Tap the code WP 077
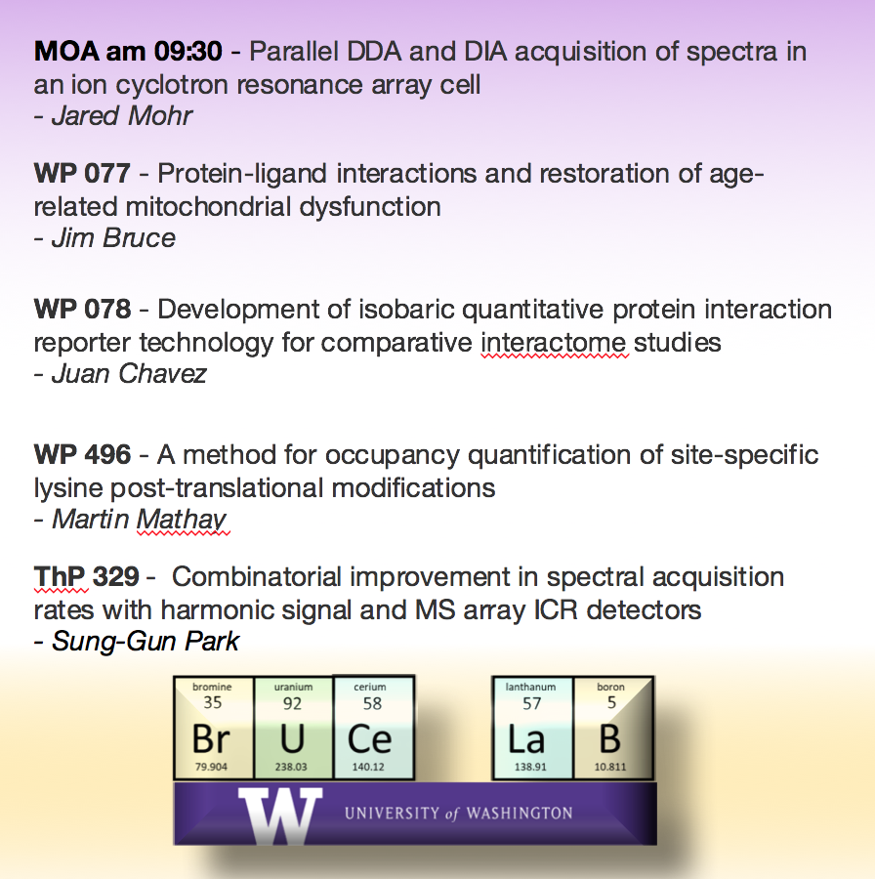pos(82,174)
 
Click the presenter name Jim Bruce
pos(113,238)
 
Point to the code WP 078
pos(82,310)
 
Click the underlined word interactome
pos(555,343)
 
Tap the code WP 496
pos(82,454)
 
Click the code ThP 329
pos(86,576)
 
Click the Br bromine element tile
pos(212,729)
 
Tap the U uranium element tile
pos(292,729)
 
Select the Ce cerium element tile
pos(372,727)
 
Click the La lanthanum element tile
pos(530,729)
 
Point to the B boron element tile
pos(610,729)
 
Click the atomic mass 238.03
pos(291,767)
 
